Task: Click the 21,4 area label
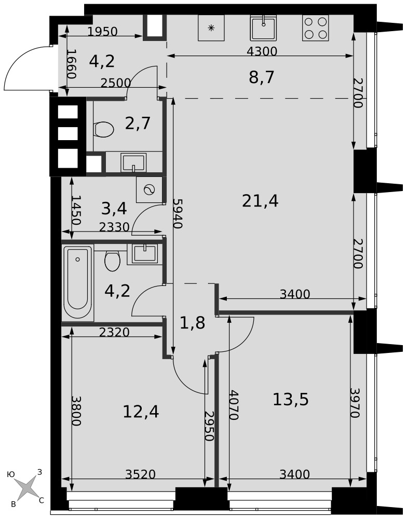pyautogui.click(x=260, y=201)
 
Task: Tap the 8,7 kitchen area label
pyautogui.click(x=262, y=77)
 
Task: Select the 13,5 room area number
pyautogui.click(x=290, y=399)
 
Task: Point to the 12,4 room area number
pyautogui.click(x=141, y=412)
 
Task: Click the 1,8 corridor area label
pyautogui.click(x=193, y=323)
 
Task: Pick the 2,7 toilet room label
pyautogui.click(x=138, y=123)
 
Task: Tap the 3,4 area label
pyautogui.click(x=114, y=209)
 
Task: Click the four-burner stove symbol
pyautogui.click(x=315, y=28)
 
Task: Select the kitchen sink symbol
pyautogui.click(x=263, y=28)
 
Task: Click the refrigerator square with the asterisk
pyautogui.click(x=211, y=28)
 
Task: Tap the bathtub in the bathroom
pyautogui.click(x=78, y=283)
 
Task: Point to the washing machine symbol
pyautogui.click(x=149, y=189)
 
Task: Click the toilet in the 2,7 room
pyautogui.click(x=104, y=129)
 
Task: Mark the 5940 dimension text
pyautogui.click(x=178, y=214)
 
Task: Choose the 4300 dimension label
pyautogui.click(x=262, y=51)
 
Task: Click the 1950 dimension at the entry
pyautogui.click(x=103, y=32)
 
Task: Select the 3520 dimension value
pyautogui.click(x=140, y=474)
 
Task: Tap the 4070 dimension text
pyautogui.click(x=234, y=405)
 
